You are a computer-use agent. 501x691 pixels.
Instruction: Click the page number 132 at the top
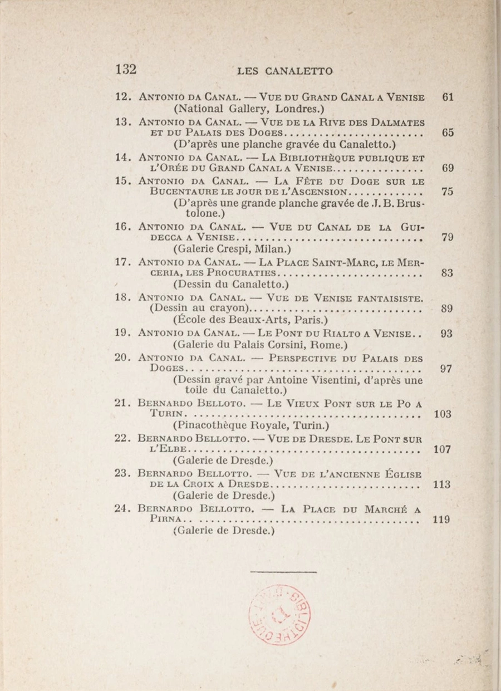click(x=126, y=70)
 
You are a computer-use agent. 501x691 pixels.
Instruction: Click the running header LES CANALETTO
click(x=285, y=71)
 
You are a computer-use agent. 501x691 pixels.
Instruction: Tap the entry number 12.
click(x=122, y=97)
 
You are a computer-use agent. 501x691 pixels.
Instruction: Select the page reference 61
click(x=448, y=97)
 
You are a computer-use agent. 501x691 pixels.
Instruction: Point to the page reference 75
click(x=447, y=192)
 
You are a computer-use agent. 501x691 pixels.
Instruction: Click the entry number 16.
click(x=122, y=227)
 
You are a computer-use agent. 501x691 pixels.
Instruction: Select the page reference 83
click(x=447, y=273)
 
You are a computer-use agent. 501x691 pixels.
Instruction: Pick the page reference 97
click(x=446, y=369)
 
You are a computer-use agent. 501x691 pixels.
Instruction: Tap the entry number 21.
click(x=122, y=403)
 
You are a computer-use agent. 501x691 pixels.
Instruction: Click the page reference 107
click(x=441, y=449)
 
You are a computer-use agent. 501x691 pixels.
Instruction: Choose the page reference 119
click(x=441, y=520)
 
